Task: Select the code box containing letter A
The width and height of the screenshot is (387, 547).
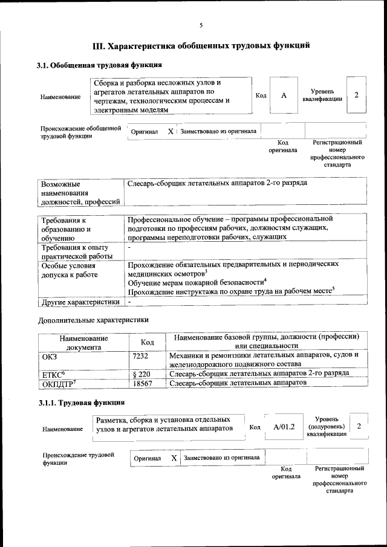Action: [x=283, y=95]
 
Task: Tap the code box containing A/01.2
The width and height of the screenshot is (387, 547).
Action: [x=284, y=427]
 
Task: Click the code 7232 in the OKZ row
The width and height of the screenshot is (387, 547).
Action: [x=140, y=355]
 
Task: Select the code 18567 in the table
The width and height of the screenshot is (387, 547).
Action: [x=140, y=383]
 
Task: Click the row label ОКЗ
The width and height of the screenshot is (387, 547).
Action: [x=49, y=355]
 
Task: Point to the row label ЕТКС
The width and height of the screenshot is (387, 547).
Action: [x=53, y=374]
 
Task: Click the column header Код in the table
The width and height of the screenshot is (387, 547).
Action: [x=147, y=342]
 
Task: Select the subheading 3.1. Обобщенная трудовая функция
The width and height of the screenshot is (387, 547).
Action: [x=99, y=65]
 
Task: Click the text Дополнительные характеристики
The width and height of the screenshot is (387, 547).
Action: [x=93, y=319]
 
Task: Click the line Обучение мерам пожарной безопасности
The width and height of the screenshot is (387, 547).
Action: [x=197, y=282]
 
